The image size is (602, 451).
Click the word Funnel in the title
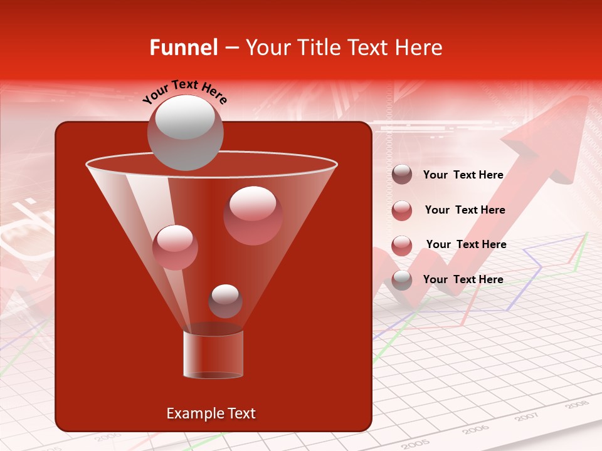[x=183, y=48]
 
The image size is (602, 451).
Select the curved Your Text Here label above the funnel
[x=185, y=90]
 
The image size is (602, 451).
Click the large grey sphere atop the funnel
[x=186, y=132]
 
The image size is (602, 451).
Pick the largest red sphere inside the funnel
[x=253, y=215]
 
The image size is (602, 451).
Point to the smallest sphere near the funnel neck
[x=225, y=301]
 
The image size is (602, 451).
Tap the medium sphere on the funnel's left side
[x=176, y=247]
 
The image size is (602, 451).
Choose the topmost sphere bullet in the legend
[x=402, y=175]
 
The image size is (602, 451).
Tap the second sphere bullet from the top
[x=402, y=210]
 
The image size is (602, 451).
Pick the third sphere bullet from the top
[x=402, y=245]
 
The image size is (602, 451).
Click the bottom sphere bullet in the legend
[x=402, y=279]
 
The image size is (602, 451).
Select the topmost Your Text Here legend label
[x=463, y=175]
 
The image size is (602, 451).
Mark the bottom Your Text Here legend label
[x=463, y=279]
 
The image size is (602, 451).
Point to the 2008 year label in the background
[x=576, y=405]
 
